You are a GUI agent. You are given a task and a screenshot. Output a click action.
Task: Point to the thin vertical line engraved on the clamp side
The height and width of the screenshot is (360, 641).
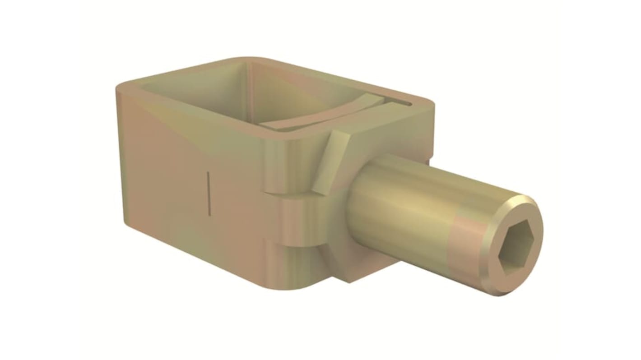pyautogui.click(x=209, y=191)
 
